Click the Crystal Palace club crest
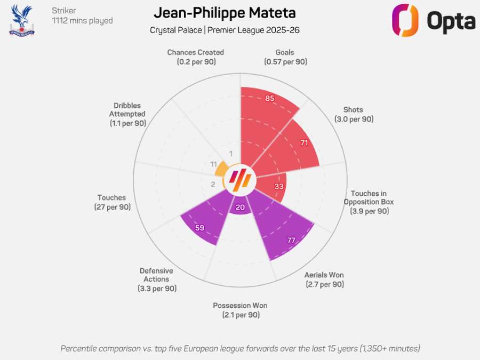(x=21, y=20)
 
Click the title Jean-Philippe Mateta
(x=225, y=13)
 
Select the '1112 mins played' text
(x=82, y=21)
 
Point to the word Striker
(x=64, y=10)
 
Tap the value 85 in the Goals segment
(x=270, y=99)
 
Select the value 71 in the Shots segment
(x=305, y=143)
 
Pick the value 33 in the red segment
(x=279, y=187)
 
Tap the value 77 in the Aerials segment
(x=291, y=241)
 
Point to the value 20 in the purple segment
(x=240, y=207)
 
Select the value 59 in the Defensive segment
(x=199, y=228)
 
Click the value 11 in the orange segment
(x=213, y=164)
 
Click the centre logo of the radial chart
(x=240, y=180)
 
